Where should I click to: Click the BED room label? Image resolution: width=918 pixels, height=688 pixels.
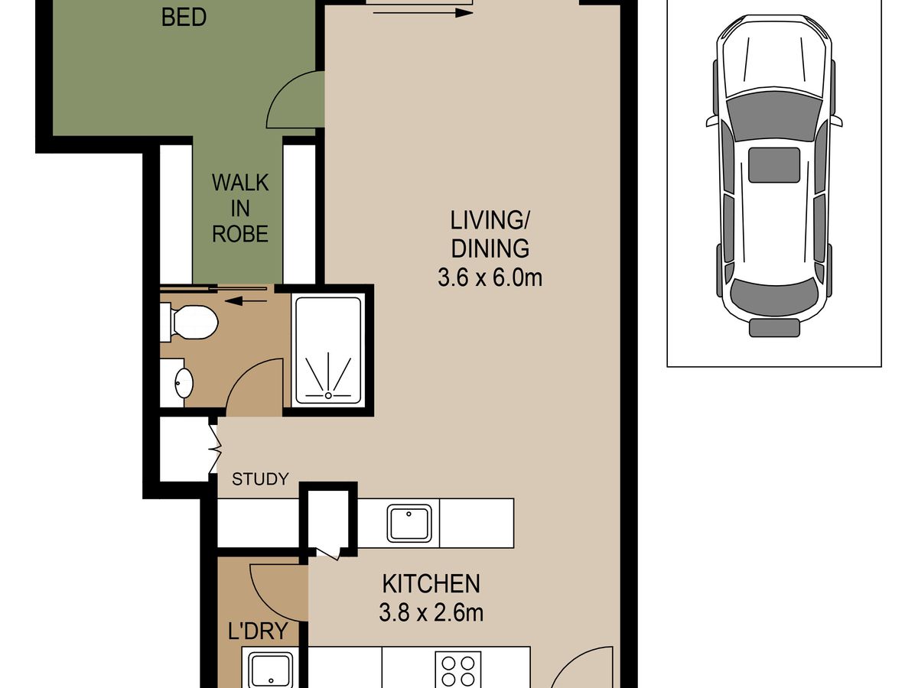[x=184, y=18]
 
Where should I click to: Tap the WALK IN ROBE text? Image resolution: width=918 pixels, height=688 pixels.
[x=240, y=208]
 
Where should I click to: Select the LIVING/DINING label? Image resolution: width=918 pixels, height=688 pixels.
[x=490, y=235]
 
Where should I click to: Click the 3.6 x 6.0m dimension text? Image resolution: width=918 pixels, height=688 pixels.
[x=490, y=277]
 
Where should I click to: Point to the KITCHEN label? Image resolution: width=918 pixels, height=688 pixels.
[x=431, y=583]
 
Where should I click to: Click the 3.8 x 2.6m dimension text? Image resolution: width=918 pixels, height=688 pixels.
[x=431, y=613]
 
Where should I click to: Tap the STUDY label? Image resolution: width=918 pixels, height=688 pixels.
[x=260, y=479]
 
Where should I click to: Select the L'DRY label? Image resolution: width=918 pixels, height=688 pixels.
[x=258, y=631]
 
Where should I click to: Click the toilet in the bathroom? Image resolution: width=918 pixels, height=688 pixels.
[x=190, y=322]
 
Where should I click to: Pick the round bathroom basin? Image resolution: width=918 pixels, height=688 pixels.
[x=184, y=382]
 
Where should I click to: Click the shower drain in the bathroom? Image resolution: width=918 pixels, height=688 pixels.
[x=328, y=395]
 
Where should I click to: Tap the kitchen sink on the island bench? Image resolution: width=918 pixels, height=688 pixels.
[x=409, y=523]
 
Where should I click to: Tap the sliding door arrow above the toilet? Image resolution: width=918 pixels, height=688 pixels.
[x=246, y=300]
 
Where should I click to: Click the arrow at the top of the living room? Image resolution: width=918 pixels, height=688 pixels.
[x=423, y=13]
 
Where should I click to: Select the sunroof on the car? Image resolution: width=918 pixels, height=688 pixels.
[x=774, y=165]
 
